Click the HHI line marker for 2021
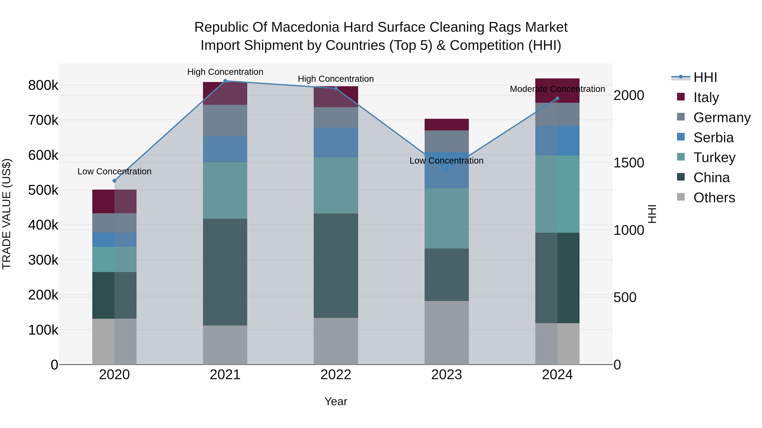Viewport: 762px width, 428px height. coord(225,81)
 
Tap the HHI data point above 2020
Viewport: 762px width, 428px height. coord(115,181)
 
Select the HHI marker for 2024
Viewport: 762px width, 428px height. coord(557,98)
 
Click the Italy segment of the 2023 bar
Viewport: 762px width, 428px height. coord(447,125)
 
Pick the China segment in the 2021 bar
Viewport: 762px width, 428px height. coord(225,272)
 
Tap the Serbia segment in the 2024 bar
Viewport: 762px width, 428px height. coord(557,141)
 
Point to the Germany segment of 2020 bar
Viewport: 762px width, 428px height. coord(115,223)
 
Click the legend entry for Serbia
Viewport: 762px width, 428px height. coord(713,138)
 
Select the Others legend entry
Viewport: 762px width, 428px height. coord(714,198)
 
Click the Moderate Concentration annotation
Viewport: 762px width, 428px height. coord(557,89)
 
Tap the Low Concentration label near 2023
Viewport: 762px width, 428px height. coord(446,161)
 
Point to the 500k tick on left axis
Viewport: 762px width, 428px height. coord(43,190)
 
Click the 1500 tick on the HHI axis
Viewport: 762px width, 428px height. coord(629,163)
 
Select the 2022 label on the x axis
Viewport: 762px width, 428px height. coord(336,375)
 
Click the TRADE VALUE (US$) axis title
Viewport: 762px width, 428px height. coord(7,214)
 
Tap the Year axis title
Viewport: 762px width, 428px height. coord(336,401)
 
